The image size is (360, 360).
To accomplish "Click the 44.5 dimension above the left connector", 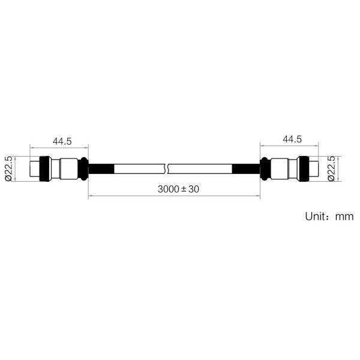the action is click(x=62, y=141).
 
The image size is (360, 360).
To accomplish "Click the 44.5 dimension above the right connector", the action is click(x=292, y=139).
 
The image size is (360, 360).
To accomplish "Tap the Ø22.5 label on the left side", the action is click(x=8, y=169).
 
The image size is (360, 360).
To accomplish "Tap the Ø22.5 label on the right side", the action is click(x=331, y=169).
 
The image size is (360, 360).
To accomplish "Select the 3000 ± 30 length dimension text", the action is click(x=178, y=189).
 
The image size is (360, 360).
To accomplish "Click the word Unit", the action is click(x=314, y=216).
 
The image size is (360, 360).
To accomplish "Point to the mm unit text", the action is click(x=344, y=217).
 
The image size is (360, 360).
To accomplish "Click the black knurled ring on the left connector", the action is click(x=45, y=169).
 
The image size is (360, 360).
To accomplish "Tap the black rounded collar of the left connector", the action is click(x=83, y=169).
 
